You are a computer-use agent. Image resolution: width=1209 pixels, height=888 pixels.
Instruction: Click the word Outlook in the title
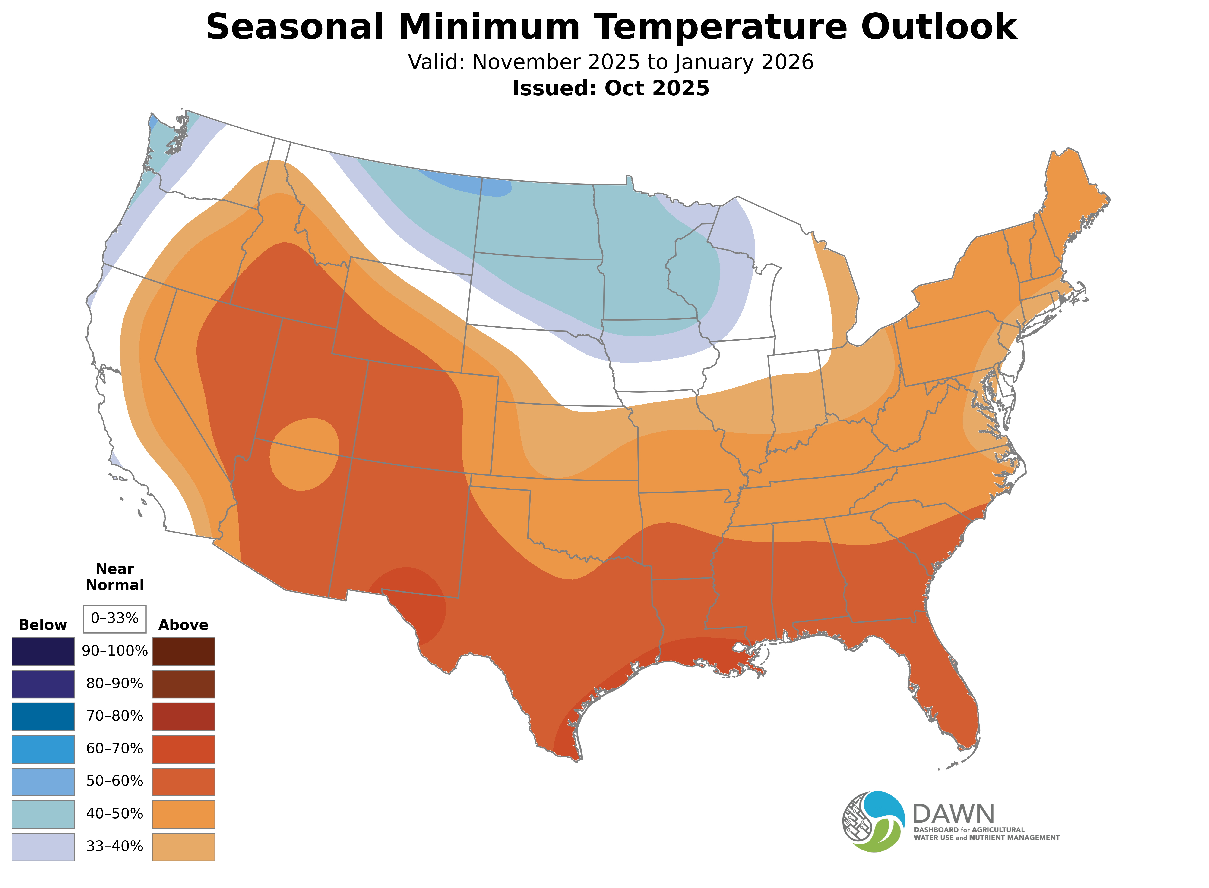click(x=938, y=27)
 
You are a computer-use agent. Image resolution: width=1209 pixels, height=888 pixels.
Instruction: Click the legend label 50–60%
click(x=114, y=781)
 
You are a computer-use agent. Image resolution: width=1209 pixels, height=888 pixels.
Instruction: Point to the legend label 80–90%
click(x=114, y=684)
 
